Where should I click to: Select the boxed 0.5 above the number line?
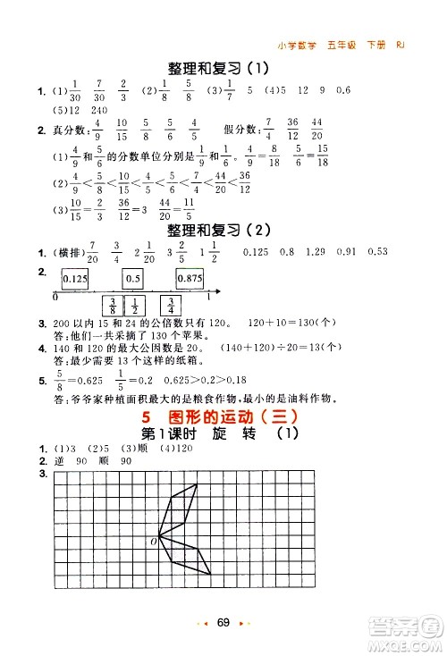coord(132,279)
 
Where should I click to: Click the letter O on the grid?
coord(153,541)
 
